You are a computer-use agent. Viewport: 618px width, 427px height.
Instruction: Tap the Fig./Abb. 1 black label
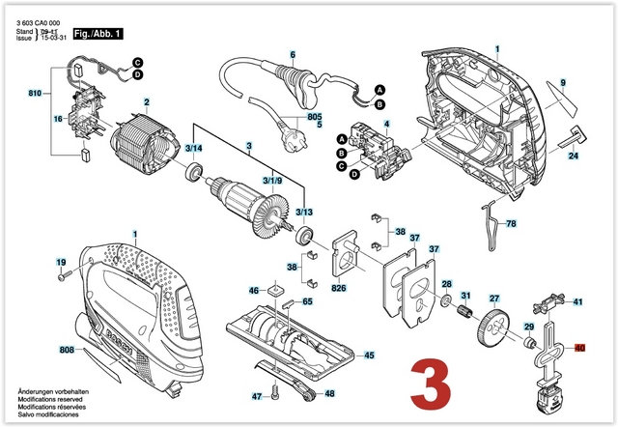click(98, 34)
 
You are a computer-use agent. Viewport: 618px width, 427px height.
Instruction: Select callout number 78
click(511, 224)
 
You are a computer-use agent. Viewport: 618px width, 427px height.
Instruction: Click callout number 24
click(573, 156)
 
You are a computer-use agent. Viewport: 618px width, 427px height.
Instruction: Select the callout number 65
click(307, 302)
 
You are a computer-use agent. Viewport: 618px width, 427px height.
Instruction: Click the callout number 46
click(254, 290)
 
